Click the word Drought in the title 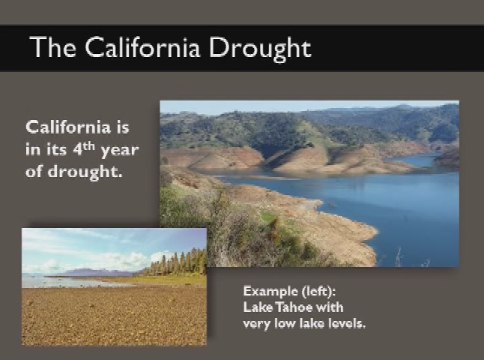click(x=260, y=48)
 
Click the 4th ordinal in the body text click(x=84, y=149)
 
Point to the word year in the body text click(x=120, y=151)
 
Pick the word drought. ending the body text click(x=85, y=171)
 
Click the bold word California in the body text click(x=68, y=127)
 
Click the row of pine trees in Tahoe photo click(x=177, y=262)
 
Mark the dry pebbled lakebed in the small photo click(x=114, y=315)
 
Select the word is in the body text click(x=123, y=127)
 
